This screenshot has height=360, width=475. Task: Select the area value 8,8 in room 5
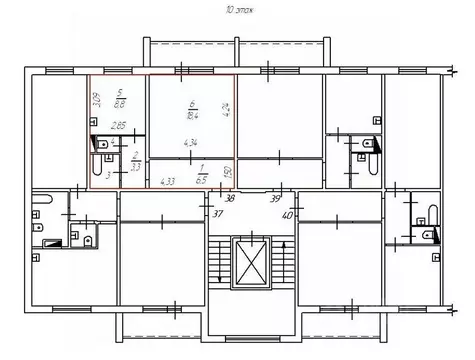click(x=120, y=104)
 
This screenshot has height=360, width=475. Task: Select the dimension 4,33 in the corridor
click(x=167, y=181)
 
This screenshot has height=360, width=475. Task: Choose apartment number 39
click(x=274, y=198)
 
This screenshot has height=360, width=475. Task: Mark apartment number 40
click(x=287, y=212)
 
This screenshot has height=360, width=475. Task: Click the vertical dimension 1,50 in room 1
click(x=228, y=173)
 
